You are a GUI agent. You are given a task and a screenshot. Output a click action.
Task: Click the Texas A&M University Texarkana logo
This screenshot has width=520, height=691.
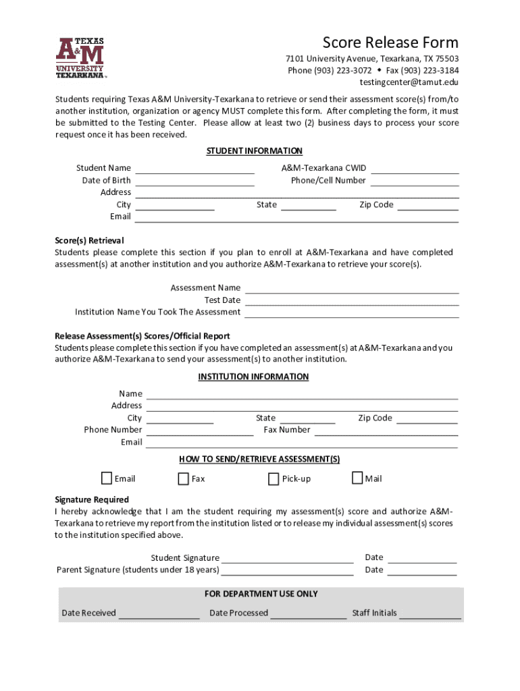80,58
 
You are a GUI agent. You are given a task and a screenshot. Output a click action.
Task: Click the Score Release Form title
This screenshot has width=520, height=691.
390,43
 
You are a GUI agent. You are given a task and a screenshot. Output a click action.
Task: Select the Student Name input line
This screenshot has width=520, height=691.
194,168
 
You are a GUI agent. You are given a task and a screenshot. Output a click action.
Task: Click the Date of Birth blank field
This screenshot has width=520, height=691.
194,180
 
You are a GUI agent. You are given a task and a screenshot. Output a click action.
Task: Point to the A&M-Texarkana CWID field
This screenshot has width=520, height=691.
415,168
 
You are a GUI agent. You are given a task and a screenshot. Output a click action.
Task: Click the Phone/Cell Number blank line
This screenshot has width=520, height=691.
415,180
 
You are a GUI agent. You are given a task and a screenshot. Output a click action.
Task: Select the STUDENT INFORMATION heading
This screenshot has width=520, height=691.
254,151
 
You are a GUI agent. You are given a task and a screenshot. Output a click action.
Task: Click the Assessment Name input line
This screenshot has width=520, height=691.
351,288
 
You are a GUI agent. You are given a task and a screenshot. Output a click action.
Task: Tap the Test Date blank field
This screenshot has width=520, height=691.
351,300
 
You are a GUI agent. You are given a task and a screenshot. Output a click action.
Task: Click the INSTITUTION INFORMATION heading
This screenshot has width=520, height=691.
253,377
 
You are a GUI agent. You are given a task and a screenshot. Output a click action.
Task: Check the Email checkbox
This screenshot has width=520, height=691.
107,478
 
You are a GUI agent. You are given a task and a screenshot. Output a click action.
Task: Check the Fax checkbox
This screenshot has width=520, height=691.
183,479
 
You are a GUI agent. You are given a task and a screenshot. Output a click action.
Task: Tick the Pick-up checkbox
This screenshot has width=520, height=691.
274,479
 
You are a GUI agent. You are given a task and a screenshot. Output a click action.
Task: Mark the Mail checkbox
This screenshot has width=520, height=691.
357,478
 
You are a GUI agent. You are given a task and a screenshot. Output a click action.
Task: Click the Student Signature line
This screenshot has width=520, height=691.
287,558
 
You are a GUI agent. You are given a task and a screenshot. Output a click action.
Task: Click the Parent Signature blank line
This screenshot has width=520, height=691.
287,570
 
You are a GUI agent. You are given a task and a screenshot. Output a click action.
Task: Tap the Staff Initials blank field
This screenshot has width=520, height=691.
430,613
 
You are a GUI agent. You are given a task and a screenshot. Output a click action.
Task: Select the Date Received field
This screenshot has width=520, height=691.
159,613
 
